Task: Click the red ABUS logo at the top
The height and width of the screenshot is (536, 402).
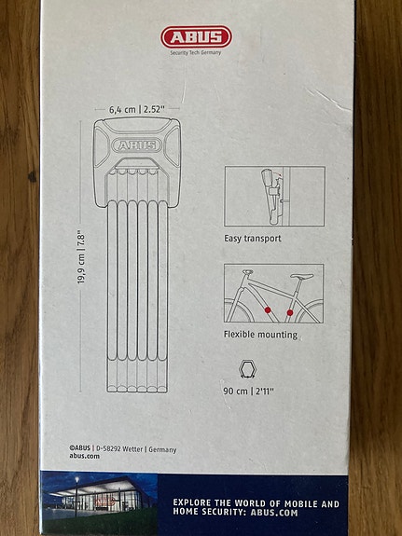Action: coord(195,36)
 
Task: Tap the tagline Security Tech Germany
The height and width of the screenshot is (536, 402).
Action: coord(196,53)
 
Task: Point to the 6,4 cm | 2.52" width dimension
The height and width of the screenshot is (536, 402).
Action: coord(136,108)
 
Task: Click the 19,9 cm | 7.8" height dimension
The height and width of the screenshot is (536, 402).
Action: coord(81,257)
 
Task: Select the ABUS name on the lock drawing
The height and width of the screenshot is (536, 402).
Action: coord(136,144)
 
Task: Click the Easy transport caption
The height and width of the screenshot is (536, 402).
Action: coord(252,239)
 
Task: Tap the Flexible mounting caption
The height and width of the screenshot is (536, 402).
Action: coord(260,334)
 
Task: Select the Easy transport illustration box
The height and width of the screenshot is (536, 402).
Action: coord(273,196)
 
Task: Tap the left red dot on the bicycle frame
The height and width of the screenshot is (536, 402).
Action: coord(269,308)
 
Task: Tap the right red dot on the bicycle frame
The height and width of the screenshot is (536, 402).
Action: coord(291,312)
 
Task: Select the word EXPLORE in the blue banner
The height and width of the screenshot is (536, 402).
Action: coord(199,502)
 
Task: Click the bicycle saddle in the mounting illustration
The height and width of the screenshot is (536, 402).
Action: coord(299,276)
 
